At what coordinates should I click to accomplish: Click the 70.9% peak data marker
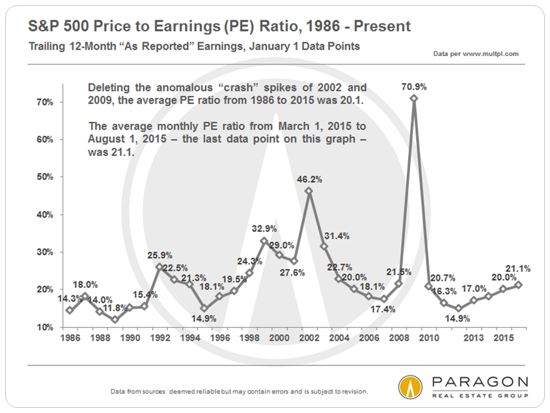[x=414, y=98]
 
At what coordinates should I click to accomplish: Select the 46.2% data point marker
[x=309, y=191]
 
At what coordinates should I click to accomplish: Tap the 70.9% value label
[x=414, y=87]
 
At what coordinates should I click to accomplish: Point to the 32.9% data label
[x=264, y=229]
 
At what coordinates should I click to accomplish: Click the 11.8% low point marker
[x=115, y=320]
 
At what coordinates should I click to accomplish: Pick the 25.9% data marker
[x=159, y=267]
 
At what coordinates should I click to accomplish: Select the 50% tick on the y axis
[x=45, y=177]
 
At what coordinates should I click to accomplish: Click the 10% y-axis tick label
[x=45, y=327]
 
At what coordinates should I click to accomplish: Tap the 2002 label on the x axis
[x=309, y=338]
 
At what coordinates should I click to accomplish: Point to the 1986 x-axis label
[x=70, y=338]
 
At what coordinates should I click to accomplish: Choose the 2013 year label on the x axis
[x=474, y=338]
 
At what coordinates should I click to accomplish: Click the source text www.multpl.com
[x=490, y=53]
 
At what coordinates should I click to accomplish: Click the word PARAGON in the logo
[x=480, y=381]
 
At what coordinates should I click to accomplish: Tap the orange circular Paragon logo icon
[x=410, y=387]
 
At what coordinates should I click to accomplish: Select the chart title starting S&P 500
[x=219, y=26]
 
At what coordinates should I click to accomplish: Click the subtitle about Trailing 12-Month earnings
[x=194, y=46]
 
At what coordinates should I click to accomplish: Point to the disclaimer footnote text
[x=239, y=392]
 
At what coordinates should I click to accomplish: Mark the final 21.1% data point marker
[x=518, y=285]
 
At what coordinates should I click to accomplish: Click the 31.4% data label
[x=337, y=236]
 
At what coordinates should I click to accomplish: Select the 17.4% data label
[x=383, y=309]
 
